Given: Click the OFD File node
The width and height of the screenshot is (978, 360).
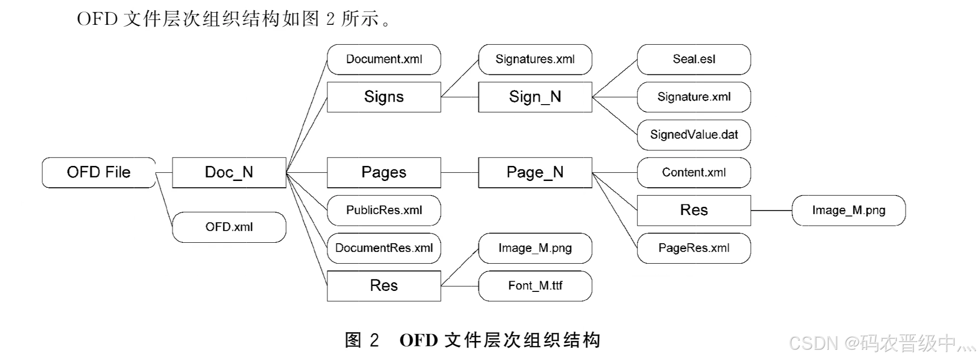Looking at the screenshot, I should point(99,172).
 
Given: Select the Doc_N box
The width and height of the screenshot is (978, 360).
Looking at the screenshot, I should point(229,172).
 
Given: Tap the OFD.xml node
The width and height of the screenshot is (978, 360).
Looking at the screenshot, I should point(229,227).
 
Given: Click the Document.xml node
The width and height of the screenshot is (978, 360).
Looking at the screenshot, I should point(384,59).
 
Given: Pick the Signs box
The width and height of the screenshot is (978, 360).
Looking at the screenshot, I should point(384,97).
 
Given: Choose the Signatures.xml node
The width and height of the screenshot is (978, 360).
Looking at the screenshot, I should point(535,59).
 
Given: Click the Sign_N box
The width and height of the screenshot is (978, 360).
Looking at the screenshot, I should point(535,97).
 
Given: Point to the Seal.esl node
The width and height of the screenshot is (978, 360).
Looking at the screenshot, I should point(694,59).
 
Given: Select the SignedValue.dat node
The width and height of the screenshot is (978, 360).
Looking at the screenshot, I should point(694,135).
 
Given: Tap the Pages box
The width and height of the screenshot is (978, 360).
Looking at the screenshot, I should point(384,172).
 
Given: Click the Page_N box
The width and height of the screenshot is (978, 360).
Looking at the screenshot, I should point(535,172).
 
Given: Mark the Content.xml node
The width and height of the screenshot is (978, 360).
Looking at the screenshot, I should point(694,172).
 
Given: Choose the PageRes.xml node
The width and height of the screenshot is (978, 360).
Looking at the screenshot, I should point(694,248).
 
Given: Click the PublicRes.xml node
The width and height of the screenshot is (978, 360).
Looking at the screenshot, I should point(384,210).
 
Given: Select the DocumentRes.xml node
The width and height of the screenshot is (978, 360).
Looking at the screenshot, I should point(384,248).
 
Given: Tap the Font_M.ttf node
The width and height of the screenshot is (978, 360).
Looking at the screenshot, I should point(535,286).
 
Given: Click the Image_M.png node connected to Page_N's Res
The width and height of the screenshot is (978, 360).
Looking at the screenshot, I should point(849,210).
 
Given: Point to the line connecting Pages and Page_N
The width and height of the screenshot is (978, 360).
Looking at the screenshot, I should point(459,172).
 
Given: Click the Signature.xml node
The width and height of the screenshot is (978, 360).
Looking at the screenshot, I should point(694,97).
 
